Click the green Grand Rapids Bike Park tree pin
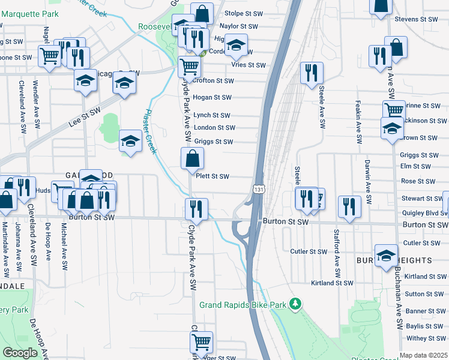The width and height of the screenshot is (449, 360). point(295,304)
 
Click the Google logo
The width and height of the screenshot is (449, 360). point(20,353)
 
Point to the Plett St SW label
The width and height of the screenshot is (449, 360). point(212,176)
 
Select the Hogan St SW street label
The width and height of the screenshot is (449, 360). point(212,97)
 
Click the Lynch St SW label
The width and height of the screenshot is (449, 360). point(212,115)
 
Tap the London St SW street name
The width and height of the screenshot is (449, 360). point(214,127)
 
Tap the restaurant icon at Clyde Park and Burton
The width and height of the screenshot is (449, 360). point(196,209)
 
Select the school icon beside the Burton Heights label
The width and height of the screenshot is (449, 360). point(386,255)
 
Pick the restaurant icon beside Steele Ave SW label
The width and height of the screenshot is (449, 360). point(311,73)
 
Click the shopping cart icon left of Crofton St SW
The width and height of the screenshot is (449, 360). point(190,67)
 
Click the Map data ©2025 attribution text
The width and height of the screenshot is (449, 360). point(424,355)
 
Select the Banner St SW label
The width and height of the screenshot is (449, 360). point(425,311)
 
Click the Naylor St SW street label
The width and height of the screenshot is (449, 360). point(239,26)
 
